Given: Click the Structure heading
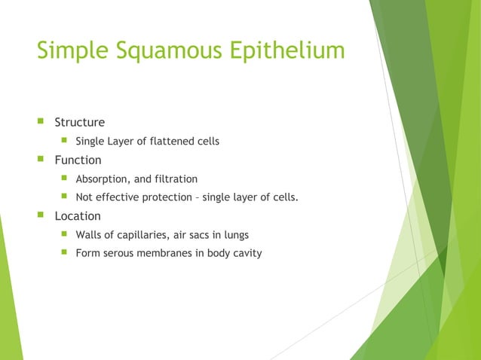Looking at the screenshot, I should pos(79,122).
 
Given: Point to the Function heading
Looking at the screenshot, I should pos(78,160).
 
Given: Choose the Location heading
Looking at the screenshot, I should pos(78,215).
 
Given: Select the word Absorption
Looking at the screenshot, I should pos(103,179).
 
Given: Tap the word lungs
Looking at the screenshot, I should pos(236,235).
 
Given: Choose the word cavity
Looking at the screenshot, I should pos(246,253).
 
